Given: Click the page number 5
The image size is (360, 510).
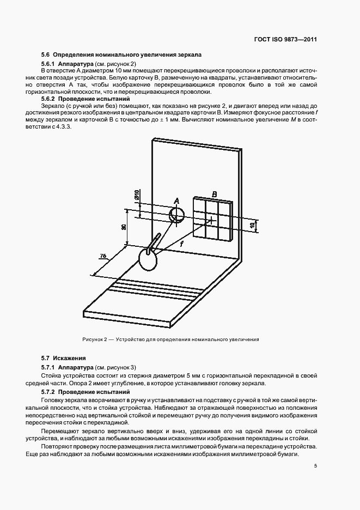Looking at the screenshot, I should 315,465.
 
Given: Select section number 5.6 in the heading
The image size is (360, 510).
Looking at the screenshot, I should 46,55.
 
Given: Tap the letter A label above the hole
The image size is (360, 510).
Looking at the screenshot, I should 176,202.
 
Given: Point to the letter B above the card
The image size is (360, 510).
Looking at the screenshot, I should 215,194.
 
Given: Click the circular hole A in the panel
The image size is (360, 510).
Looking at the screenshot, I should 176,215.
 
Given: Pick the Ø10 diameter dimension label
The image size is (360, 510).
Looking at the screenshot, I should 137,196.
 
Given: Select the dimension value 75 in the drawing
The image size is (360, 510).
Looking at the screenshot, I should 102,257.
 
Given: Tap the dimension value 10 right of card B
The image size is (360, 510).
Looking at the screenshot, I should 252,224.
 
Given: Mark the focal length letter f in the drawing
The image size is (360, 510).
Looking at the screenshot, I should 181,245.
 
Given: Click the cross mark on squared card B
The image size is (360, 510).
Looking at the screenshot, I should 210,220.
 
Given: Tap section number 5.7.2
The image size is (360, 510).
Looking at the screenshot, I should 49,392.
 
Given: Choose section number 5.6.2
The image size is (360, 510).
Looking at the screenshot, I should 49,100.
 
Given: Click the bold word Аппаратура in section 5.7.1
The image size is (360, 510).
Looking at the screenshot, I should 74,368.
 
